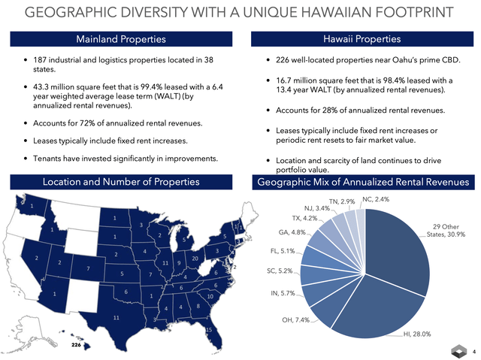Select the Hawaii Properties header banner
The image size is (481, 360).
(362, 38)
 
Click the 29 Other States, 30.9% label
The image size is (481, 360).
(446, 230)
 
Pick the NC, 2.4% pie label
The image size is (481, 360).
(377, 199)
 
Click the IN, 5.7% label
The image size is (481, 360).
(283, 293)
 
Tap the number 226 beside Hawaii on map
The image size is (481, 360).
(77, 345)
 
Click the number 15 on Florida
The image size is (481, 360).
(208, 330)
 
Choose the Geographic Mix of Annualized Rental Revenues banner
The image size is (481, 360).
(362, 182)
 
